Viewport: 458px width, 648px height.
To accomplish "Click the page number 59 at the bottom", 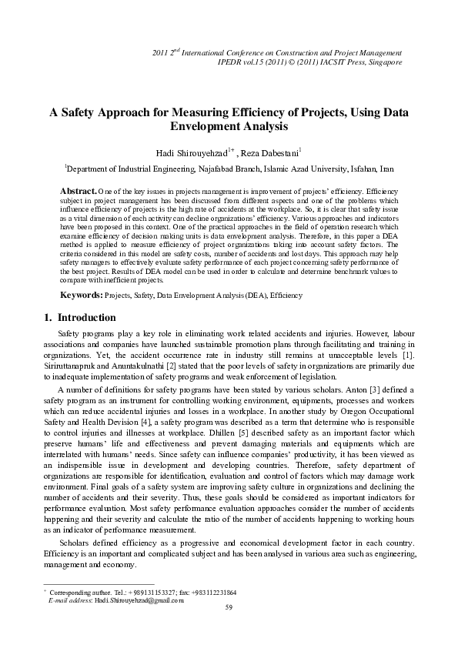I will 229,608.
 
